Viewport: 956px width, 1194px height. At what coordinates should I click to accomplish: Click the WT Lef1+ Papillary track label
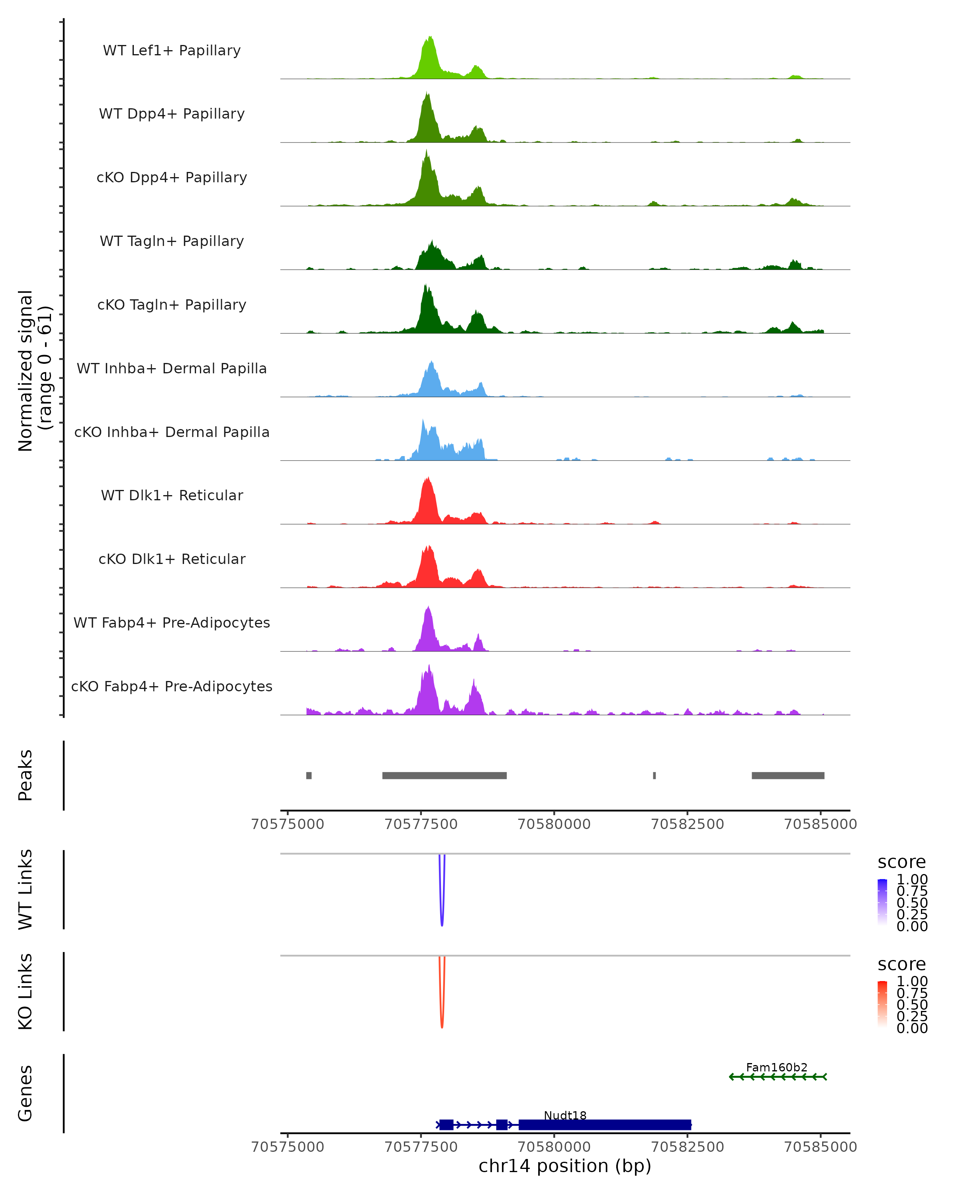[x=172, y=51]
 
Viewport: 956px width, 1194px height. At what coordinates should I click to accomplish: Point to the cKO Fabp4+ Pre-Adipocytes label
[x=172, y=686]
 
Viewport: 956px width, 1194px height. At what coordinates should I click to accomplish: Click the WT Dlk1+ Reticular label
[x=172, y=496]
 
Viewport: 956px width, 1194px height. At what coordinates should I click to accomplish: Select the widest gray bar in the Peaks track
[x=445, y=775]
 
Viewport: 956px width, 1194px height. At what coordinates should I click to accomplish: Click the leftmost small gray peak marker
[x=309, y=775]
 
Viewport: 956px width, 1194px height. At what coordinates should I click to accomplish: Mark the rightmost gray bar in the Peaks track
[x=788, y=775]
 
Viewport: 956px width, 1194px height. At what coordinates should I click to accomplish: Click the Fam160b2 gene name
[x=776, y=1067]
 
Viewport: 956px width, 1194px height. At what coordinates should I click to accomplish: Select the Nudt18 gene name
[x=565, y=1115]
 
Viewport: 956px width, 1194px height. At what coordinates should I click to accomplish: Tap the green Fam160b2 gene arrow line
[x=778, y=1077]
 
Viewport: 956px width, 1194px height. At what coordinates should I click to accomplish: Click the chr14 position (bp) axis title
[x=565, y=1166]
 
